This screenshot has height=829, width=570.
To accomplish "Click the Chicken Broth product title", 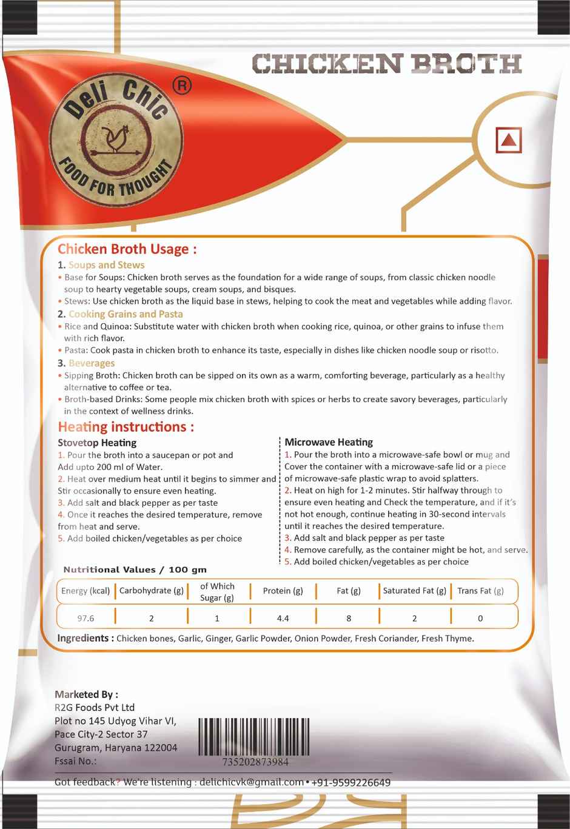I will [386, 64].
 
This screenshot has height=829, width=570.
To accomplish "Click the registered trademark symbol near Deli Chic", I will [182, 86].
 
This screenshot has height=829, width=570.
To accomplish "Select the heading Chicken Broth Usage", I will [127, 249].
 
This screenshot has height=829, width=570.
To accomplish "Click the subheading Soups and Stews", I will [106, 265].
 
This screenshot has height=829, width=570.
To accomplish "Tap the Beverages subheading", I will [91, 363].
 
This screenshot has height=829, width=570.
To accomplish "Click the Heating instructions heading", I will [126, 427].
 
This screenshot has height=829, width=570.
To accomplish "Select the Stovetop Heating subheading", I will [97, 443].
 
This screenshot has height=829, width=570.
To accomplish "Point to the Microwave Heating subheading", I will [329, 443].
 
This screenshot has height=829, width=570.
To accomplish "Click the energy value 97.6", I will [85, 619].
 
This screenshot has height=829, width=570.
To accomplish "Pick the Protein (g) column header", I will [283, 591].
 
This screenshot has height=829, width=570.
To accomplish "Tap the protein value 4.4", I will [283, 619].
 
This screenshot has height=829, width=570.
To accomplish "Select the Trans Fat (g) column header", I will [480, 591].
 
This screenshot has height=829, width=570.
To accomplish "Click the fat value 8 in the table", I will [349, 619].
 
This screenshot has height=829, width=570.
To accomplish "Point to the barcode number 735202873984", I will [255, 762].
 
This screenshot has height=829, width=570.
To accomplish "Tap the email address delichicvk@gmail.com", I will [251, 782].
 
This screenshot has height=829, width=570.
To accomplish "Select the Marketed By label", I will [86, 694].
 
